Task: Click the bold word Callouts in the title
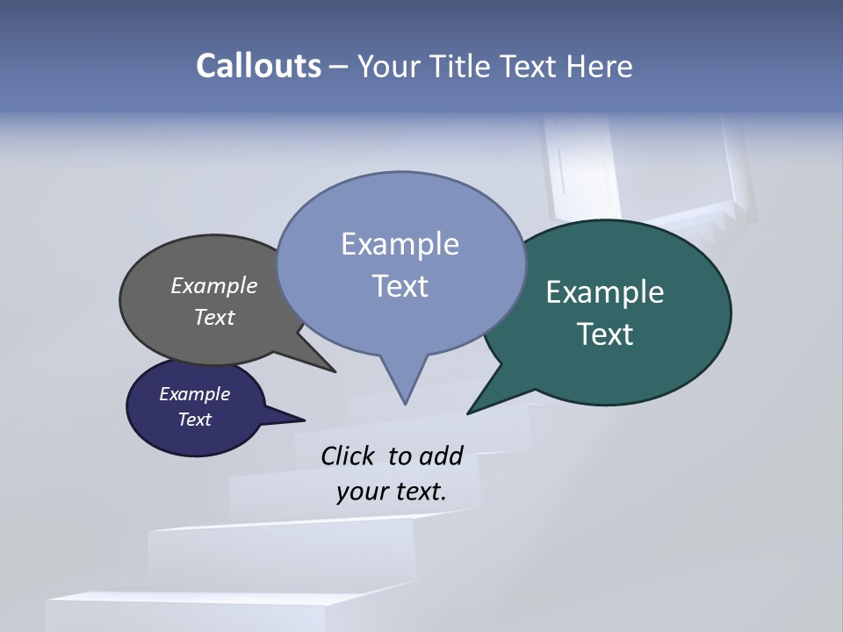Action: click(258, 66)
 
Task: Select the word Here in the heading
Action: click(602, 66)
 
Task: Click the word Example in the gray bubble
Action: click(213, 285)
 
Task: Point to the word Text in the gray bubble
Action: click(213, 317)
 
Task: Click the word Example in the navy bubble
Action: click(194, 394)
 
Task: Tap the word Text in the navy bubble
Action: click(194, 420)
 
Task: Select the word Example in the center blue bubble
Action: click(400, 243)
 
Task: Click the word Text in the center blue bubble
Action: click(400, 285)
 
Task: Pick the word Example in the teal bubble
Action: click(604, 291)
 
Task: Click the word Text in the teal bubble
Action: click(604, 334)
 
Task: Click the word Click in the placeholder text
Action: click(349, 456)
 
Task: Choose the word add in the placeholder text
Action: click(440, 456)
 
